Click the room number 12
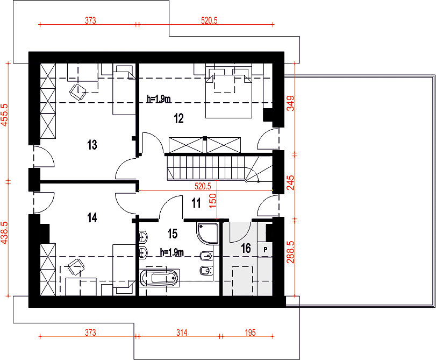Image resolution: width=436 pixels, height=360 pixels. [179, 118]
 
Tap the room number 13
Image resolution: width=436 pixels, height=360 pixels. [92, 145]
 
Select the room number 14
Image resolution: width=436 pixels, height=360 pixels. [92, 218]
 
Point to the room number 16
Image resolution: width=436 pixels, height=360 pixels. [246, 248]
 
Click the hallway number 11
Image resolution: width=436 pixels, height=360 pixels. [196, 203]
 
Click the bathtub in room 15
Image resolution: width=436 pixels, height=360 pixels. [159, 278]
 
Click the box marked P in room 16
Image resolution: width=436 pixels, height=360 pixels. [265, 250]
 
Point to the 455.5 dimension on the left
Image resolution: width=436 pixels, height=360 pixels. [5, 115]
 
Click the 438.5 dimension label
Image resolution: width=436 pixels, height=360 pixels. [5, 233]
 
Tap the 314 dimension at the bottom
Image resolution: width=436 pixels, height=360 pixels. [182, 333]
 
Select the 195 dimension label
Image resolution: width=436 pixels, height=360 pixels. [250, 333]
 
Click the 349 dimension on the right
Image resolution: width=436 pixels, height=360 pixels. [290, 103]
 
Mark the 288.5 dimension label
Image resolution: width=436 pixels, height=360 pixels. [290, 252]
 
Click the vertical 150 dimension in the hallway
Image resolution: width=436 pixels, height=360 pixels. [212, 201]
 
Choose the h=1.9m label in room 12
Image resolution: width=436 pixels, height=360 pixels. [159, 99]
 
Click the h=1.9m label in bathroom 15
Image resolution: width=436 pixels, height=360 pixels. [172, 252]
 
